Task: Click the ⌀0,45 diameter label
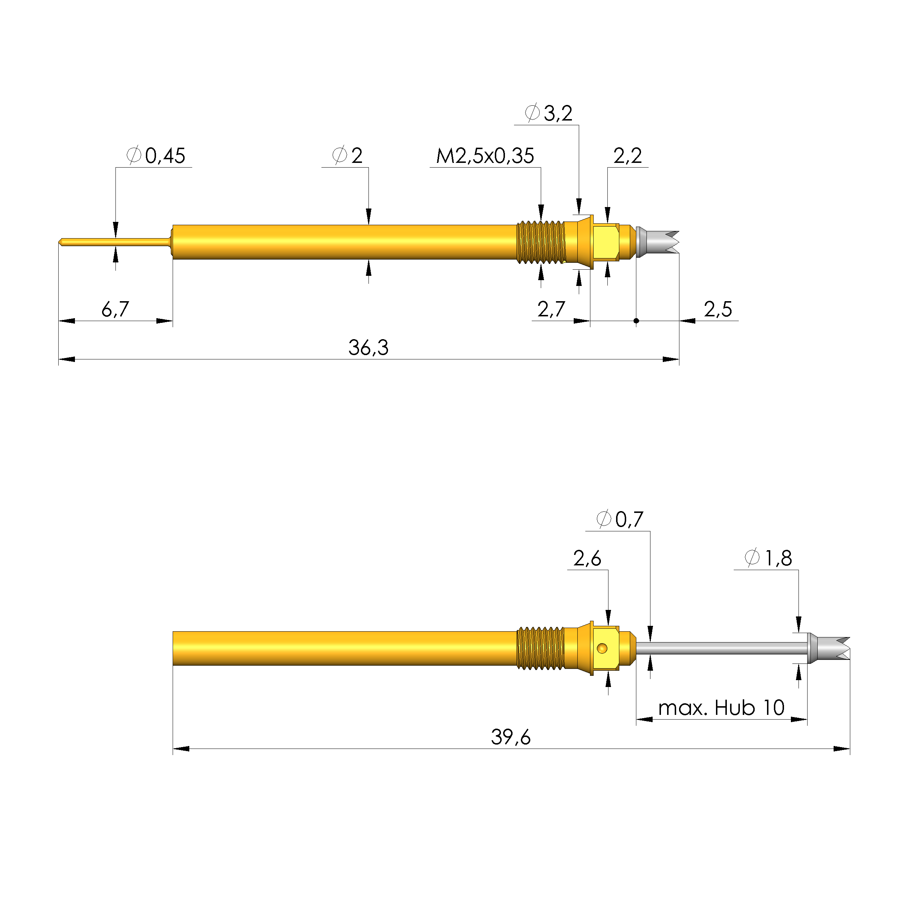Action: pyautogui.click(x=156, y=156)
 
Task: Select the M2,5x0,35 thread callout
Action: pyautogui.click(x=485, y=156)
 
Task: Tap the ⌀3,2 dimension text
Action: pyautogui.click(x=548, y=113)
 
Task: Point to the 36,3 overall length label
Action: pyautogui.click(x=368, y=347)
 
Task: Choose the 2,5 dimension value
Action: pyautogui.click(x=717, y=309)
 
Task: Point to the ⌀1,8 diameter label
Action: pyautogui.click(x=768, y=558)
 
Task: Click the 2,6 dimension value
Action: pyautogui.click(x=587, y=558)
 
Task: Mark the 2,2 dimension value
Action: pyautogui.click(x=627, y=156)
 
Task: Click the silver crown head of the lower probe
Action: pyautogui.click(x=828, y=649)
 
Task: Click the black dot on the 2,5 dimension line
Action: pyautogui.click(x=636, y=321)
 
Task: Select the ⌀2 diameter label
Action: pyautogui.click(x=347, y=156)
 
